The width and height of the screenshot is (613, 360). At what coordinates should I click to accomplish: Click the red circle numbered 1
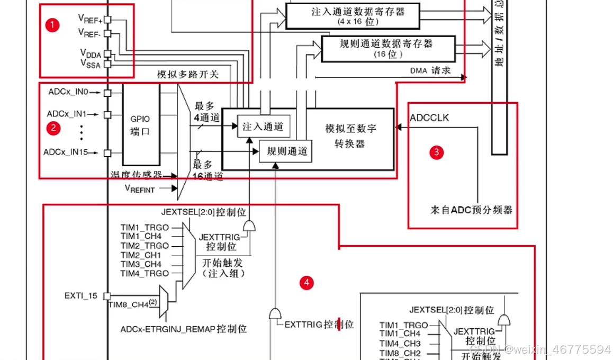point(52,25)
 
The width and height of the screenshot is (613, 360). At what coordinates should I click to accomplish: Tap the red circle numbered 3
point(436,152)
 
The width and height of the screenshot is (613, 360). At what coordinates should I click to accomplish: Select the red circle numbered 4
point(306,283)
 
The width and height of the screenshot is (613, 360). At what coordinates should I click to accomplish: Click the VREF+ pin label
point(90,19)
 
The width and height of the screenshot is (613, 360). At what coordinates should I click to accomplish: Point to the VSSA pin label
point(89,64)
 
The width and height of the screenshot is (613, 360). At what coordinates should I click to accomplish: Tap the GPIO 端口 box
point(141,124)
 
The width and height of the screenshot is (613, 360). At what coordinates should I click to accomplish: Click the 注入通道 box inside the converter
point(263,127)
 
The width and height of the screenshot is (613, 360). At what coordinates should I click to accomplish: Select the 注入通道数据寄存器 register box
point(351,16)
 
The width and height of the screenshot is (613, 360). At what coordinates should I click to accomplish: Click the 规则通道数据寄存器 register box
point(388,48)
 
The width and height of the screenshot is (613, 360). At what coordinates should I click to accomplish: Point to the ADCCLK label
point(429,118)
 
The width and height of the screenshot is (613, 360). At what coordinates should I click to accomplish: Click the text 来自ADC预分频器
point(471,210)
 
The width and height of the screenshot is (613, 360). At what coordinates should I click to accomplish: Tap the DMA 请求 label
point(430,70)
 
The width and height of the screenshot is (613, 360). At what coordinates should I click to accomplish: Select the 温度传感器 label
point(136,174)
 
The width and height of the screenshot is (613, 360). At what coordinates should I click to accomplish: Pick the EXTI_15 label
point(81,296)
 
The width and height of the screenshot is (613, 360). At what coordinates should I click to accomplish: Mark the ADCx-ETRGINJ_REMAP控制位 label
point(183,329)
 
